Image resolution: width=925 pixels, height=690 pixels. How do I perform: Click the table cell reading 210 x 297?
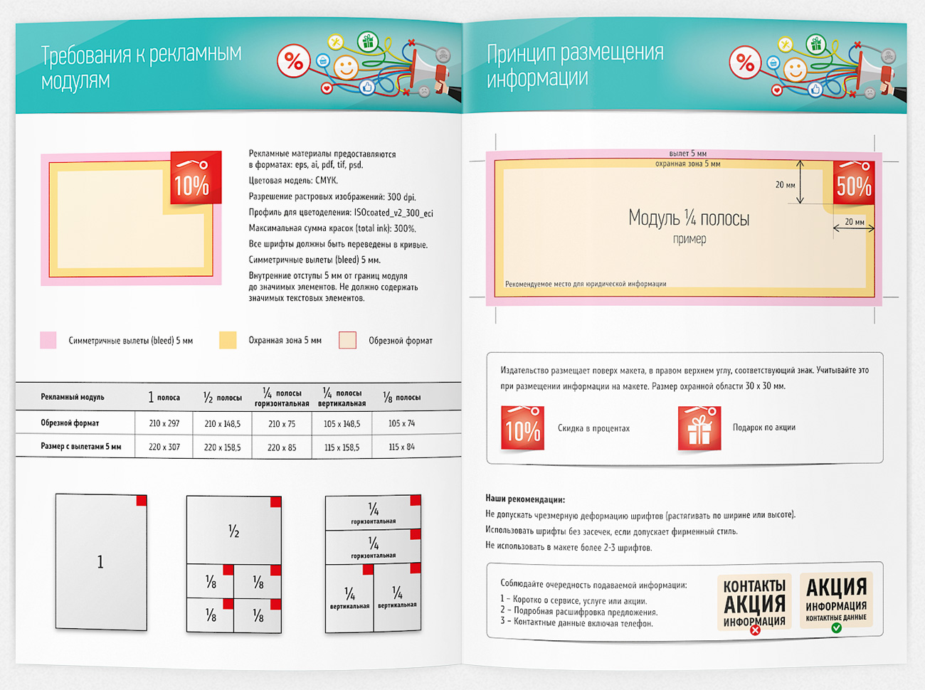click(164, 423)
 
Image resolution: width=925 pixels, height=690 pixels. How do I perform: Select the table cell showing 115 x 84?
click(401, 447)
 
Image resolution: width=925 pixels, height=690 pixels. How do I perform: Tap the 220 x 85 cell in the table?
click(282, 447)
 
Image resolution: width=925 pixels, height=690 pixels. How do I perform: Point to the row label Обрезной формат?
click(70, 423)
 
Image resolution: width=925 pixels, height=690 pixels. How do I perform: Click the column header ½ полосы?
click(223, 397)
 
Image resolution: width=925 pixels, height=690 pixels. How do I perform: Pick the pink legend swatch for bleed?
click(48, 340)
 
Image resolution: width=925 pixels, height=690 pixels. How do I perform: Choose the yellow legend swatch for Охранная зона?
click(228, 340)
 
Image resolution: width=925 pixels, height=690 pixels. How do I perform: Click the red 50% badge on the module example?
click(853, 182)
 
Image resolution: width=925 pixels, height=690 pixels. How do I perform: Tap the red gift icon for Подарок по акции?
click(699, 428)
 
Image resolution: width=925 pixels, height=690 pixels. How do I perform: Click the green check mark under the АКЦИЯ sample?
click(837, 627)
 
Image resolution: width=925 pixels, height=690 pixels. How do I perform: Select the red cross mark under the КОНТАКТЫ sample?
click(755, 630)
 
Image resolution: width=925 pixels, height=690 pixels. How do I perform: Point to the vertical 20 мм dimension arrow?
click(800, 182)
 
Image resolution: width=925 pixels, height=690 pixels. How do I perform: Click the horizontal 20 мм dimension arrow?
click(854, 228)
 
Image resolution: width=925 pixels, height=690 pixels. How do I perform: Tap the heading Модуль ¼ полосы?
click(689, 218)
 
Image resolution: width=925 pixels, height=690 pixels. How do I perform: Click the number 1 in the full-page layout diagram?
click(100, 562)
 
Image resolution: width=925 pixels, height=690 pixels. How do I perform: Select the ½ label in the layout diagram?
click(233, 531)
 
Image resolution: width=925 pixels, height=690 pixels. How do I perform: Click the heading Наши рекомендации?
click(525, 499)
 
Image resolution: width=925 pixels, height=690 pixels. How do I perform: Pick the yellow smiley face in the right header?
click(795, 69)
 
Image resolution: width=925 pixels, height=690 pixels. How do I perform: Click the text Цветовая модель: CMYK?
click(293, 181)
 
